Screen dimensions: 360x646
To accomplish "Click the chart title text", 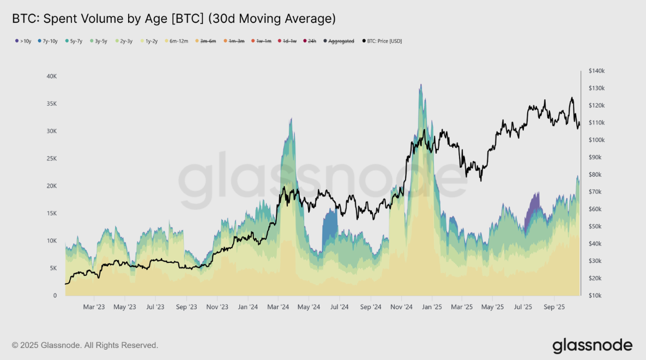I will [x=173, y=19].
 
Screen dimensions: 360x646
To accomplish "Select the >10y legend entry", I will [x=23, y=41].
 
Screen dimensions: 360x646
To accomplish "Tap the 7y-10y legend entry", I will [x=49, y=41].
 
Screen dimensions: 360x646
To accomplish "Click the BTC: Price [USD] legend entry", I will [x=382, y=41].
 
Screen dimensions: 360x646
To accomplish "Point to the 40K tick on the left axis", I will [x=51, y=76].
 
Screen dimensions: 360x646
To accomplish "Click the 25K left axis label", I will [x=51, y=159].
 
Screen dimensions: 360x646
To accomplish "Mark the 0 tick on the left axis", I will [x=55, y=296].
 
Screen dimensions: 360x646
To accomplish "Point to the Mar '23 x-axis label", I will [x=94, y=307].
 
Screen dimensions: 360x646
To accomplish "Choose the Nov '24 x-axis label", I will [x=401, y=307].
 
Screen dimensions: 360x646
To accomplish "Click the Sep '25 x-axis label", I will [x=554, y=307].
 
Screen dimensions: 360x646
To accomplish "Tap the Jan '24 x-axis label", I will [x=247, y=307].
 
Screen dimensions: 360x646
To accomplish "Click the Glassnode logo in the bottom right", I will [x=592, y=345].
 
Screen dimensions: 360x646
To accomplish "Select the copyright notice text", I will [x=85, y=345].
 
